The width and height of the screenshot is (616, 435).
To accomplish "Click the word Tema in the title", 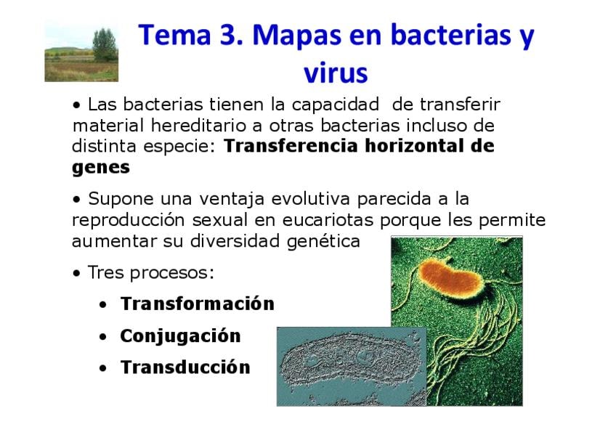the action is pos(175,35).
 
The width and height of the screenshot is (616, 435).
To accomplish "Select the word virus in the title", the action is pos(336,73).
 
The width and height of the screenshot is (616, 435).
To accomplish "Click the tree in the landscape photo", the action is pos(105,45).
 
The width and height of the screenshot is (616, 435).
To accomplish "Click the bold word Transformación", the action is pos(197,304).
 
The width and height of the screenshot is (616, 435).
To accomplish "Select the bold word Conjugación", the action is pos(180,336).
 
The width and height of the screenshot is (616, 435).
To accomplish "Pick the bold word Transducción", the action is pos(185,367).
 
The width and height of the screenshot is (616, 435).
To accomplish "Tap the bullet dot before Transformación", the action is pos(103,305).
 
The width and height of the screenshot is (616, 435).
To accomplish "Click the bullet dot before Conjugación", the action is pos(103,337).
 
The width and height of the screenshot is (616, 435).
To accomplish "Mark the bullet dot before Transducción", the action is pos(103,369).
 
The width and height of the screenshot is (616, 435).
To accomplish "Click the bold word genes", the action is pos(101,168).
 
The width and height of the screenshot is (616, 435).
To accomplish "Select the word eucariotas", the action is pos(328,220).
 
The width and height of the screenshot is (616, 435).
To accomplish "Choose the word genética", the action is pos(323,241).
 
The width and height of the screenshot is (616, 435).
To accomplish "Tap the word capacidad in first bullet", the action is pos(336,105).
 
